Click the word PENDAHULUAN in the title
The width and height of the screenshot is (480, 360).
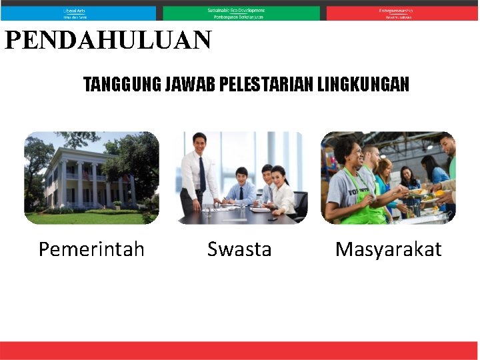108,41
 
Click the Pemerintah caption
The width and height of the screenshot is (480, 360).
91,249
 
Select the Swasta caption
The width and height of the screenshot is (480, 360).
239,249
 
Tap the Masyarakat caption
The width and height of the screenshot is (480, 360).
388,249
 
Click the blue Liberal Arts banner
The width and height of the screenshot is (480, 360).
78,13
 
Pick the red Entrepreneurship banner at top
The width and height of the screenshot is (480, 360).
402,13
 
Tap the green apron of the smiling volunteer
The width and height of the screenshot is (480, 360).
363,200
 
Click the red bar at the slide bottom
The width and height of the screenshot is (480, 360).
239,350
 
